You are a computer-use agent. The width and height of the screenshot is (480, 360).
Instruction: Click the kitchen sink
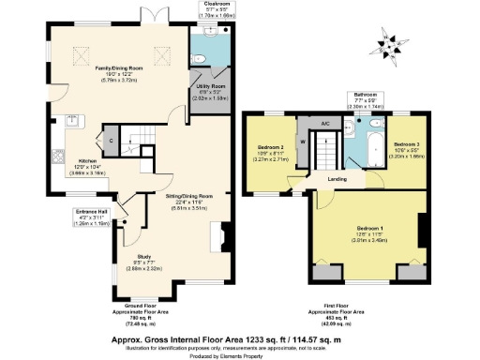coord(69,119)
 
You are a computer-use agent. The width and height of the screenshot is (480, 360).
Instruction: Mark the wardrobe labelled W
coord(302,143)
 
